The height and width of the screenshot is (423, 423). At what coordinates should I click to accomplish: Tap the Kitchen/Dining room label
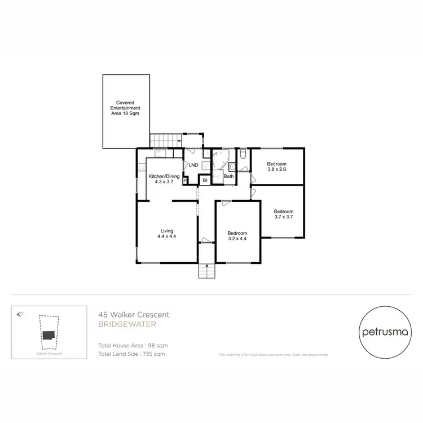pos(164,180)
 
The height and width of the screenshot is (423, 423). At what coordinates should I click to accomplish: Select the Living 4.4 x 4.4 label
pos(167,233)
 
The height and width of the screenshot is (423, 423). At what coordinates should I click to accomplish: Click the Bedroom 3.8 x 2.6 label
pos(277,167)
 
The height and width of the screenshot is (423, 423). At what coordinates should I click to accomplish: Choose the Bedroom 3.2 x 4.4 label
pos(237,236)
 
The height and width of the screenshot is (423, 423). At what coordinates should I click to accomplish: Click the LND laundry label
pos(193,165)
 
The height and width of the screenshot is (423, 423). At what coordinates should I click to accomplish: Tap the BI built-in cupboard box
pos(205,180)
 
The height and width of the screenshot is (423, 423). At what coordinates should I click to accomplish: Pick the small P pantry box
pos(185,180)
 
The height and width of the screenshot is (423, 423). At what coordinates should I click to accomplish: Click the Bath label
pos(228,177)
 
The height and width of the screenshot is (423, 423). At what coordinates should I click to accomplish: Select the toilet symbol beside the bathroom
pos(242,154)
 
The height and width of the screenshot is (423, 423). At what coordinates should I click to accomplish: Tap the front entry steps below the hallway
pos(206,272)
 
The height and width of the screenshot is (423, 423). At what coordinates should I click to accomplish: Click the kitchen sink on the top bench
pos(160,152)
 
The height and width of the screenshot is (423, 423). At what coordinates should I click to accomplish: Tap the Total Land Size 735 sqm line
pos(132,354)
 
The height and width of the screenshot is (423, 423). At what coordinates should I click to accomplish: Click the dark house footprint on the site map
pos(49,334)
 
